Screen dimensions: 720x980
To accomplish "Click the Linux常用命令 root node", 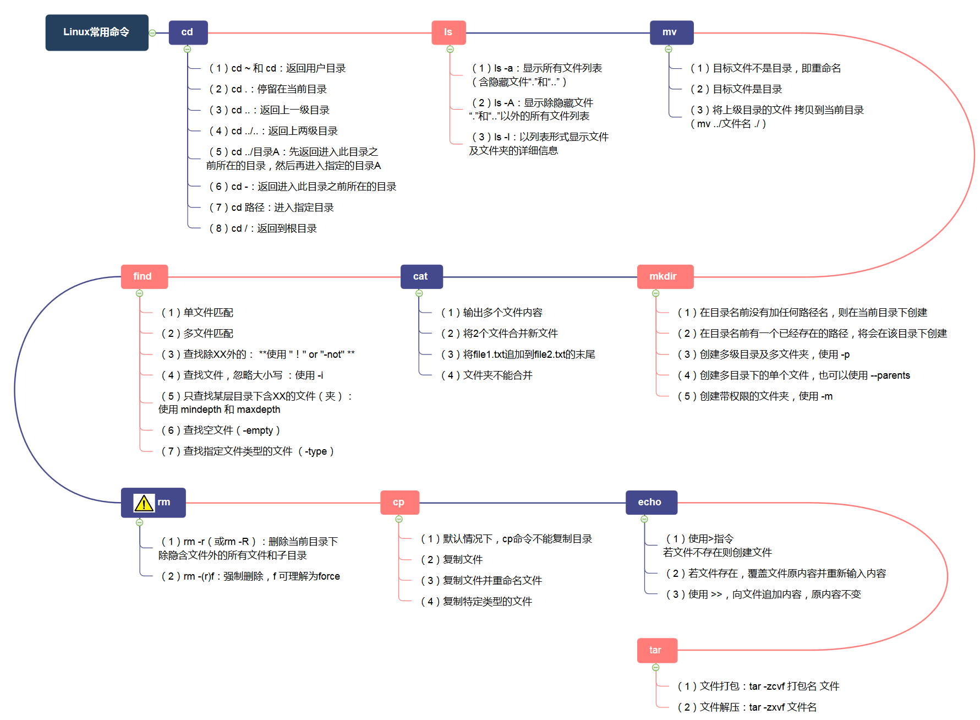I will tap(97, 32).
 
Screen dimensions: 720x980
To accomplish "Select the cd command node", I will tap(188, 32).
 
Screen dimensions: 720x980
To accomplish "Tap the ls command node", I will tap(448, 32).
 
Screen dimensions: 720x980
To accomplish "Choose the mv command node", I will tap(671, 32).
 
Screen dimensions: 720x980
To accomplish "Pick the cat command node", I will tap(421, 276).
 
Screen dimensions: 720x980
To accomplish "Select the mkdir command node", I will tap(664, 276).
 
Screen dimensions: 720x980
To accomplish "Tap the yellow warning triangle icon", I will tap(144, 503).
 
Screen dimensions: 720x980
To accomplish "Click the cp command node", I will tap(399, 502).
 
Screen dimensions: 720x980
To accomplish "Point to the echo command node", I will tap(651, 502).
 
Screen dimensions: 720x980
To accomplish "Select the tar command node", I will tap(656, 650).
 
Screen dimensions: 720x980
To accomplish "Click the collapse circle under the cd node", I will tap(188, 50).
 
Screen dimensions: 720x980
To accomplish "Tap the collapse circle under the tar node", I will tap(656, 668).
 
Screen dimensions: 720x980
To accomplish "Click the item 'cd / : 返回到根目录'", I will tap(263, 228).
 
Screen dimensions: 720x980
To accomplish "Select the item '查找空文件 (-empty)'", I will tap(221, 430).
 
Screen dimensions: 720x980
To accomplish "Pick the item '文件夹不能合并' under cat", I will tap(487, 375).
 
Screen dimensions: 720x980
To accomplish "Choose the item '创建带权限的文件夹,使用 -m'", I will tap(755, 396).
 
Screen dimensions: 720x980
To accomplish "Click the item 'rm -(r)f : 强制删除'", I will tap(251, 576).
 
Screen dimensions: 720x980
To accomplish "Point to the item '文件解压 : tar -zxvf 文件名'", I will tap(747, 707).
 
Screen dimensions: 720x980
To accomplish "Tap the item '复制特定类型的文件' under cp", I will tap(477, 602).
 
